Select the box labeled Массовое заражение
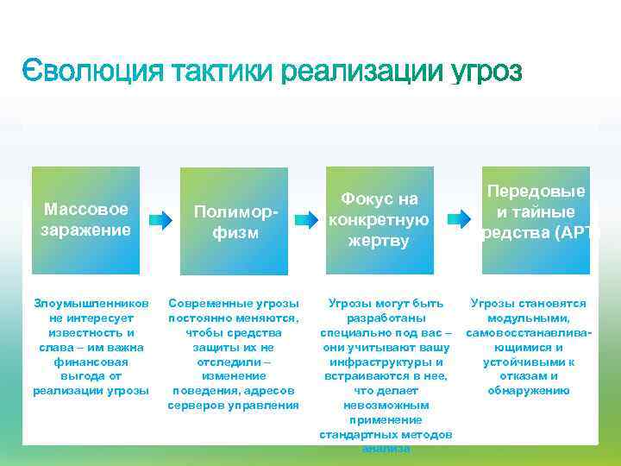pyautogui.click(x=85, y=220)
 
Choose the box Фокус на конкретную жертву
pyautogui.click(x=379, y=220)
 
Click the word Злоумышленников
pyautogui.click(x=91, y=304)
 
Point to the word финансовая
pyautogui.click(x=91, y=362)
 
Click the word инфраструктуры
pyautogui.click(x=386, y=362)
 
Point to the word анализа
pyautogui.click(x=386, y=449)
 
